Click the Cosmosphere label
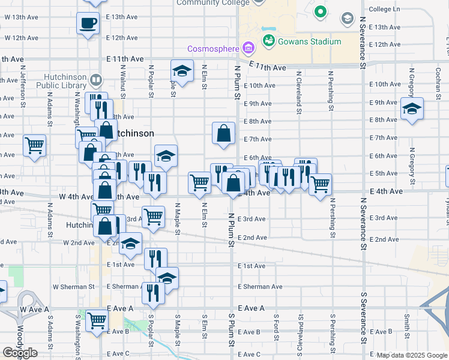point(213,49)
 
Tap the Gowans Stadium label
point(309,41)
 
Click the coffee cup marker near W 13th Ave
point(88,24)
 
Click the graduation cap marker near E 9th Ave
point(412,109)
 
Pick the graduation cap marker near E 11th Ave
point(182,71)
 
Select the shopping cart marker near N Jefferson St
point(34,145)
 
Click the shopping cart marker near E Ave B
point(96,320)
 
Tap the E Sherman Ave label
point(260,287)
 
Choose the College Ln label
point(384,10)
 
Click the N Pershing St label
point(331,92)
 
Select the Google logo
point(20,353)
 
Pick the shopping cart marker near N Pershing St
point(320,184)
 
